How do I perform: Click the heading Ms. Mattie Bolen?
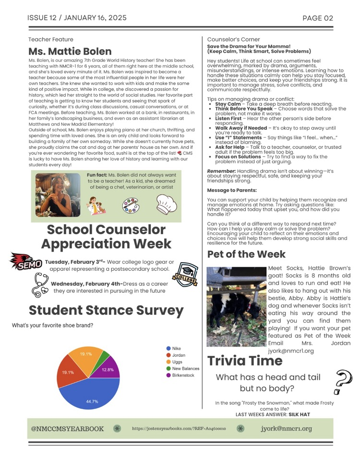pyautogui.click(x=70, y=51)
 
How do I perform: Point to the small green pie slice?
pyautogui.click(x=104, y=356)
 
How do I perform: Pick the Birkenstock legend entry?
pyautogui.click(x=180, y=375)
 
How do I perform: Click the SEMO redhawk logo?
pyautogui.click(x=25, y=262)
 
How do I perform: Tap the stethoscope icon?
pyautogui.click(x=38, y=285)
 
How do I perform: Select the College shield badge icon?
pyautogui.click(x=185, y=275)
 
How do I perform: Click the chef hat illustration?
pyautogui.click(x=167, y=205)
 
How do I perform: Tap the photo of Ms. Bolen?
pyautogui.click(x=58, y=195)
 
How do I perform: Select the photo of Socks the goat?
pyautogui.click(x=236, y=306)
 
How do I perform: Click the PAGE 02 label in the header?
pyautogui.click(x=318, y=18)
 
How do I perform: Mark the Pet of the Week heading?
pyautogui.click(x=246, y=254)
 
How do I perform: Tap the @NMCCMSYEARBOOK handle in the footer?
pyautogui.click(x=67, y=429)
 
